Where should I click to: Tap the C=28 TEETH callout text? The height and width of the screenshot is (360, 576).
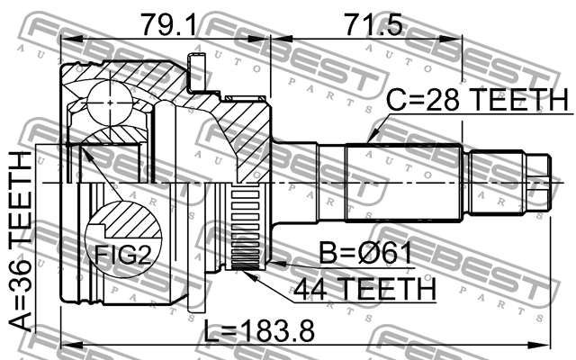pyautogui.click(x=477, y=101)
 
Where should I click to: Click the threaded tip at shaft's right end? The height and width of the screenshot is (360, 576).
pyautogui.click(x=537, y=184)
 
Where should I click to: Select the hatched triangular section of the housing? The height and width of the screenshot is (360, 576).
pyautogui.click(x=244, y=135)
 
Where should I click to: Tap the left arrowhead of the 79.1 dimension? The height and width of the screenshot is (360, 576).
pyautogui.click(x=65, y=39)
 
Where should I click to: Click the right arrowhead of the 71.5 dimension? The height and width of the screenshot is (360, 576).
pyautogui.click(x=455, y=39)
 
